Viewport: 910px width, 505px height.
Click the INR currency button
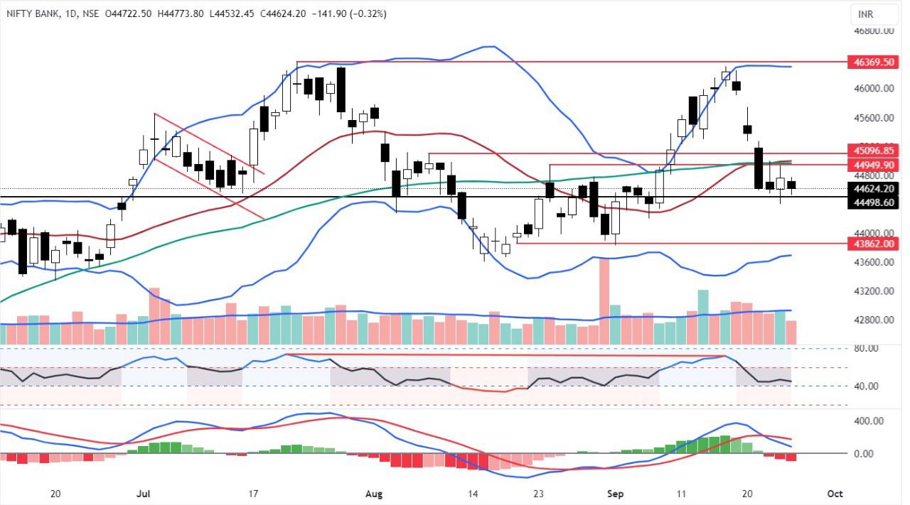865,13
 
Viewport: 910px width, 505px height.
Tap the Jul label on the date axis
147,494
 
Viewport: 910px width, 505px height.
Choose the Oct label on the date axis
835,494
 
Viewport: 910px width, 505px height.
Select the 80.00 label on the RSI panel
867,348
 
